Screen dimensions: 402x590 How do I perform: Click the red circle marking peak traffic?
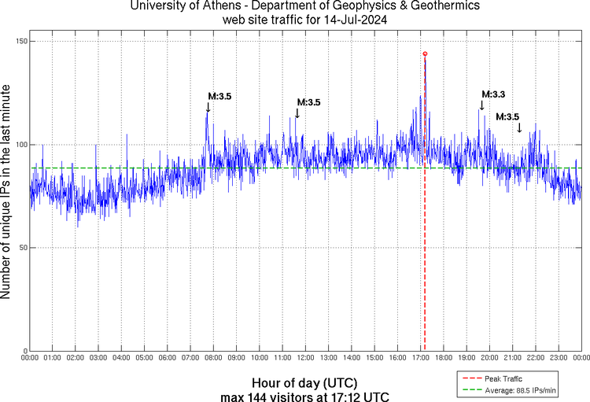tap(425, 53)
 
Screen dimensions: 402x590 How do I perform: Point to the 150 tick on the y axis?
tap(20, 41)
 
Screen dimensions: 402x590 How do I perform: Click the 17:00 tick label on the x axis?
tap(420, 358)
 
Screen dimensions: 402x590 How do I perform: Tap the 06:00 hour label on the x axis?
tap(168, 358)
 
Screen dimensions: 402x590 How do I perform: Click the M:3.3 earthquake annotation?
tap(492, 94)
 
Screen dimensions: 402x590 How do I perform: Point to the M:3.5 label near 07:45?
tap(219, 97)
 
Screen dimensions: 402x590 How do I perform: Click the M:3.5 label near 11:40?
tap(308, 102)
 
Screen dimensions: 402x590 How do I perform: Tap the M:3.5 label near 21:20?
tap(507, 116)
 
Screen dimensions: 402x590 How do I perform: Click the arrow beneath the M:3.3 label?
tap(482, 105)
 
